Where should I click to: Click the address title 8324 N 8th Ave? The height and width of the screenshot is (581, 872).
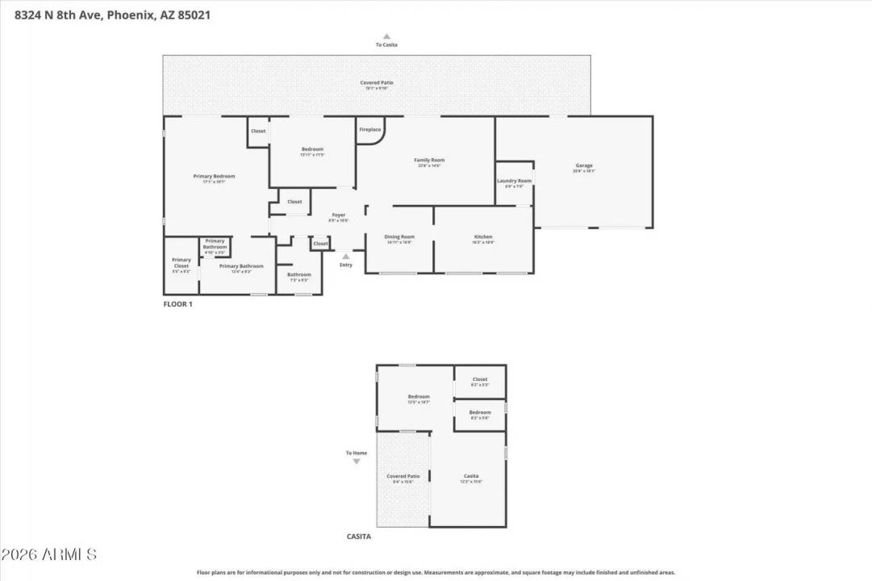(x=107, y=15)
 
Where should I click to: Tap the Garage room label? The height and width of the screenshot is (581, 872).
(x=583, y=166)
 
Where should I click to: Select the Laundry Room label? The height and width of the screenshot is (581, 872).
(x=514, y=181)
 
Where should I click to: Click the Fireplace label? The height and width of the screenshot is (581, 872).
(x=369, y=130)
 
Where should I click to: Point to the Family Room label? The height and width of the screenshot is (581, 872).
(x=429, y=160)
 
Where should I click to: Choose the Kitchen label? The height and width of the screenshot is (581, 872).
(x=483, y=237)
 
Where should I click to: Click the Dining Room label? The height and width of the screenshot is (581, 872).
(x=399, y=237)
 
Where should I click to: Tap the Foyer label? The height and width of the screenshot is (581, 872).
(x=339, y=215)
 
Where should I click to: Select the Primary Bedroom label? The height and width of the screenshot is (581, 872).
(x=214, y=176)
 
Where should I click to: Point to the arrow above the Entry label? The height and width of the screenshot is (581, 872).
(x=345, y=256)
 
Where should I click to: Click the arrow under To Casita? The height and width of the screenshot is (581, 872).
(x=386, y=36)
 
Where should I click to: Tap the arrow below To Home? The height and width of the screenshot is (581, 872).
(x=357, y=462)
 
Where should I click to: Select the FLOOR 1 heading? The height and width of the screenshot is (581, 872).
(x=178, y=304)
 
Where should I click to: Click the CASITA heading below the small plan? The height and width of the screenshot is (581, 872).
(x=359, y=536)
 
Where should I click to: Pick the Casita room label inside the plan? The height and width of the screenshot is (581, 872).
(x=471, y=476)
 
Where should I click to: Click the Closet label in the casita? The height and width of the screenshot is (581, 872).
(x=480, y=379)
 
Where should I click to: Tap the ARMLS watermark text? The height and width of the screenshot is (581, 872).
(x=49, y=555)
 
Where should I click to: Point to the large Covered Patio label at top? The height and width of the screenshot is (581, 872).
(x=377, y=82)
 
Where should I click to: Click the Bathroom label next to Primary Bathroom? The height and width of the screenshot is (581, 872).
(x=298, y=274)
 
